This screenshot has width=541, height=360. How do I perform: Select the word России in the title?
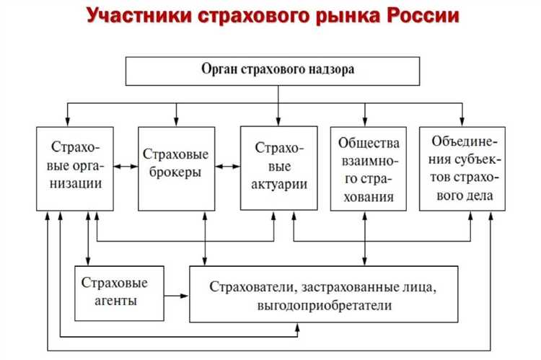[x=419, y=16]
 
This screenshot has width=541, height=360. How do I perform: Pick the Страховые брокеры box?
[x=176, y=168]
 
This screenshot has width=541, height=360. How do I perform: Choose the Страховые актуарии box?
[x=278, y=168]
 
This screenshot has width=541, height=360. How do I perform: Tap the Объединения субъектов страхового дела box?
[x=462, y=168]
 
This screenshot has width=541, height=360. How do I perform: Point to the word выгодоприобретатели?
[x=323, y=305]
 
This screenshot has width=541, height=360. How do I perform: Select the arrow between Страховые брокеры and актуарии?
[x=228, y=167]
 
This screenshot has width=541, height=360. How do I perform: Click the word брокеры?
[x=176, y=173]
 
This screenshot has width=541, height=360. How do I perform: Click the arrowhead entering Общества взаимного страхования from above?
[x=365, y=122]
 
